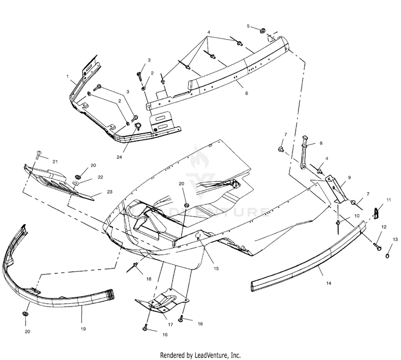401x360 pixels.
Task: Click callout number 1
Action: pyautogui.click(x=68, y=76)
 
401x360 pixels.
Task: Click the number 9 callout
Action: pyautogui.click(x=349, y=177)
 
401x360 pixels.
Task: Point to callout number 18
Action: pyautogui.click(x=149, y=279)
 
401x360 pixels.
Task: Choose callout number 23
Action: pyautogui.click(x=110, y=191)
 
